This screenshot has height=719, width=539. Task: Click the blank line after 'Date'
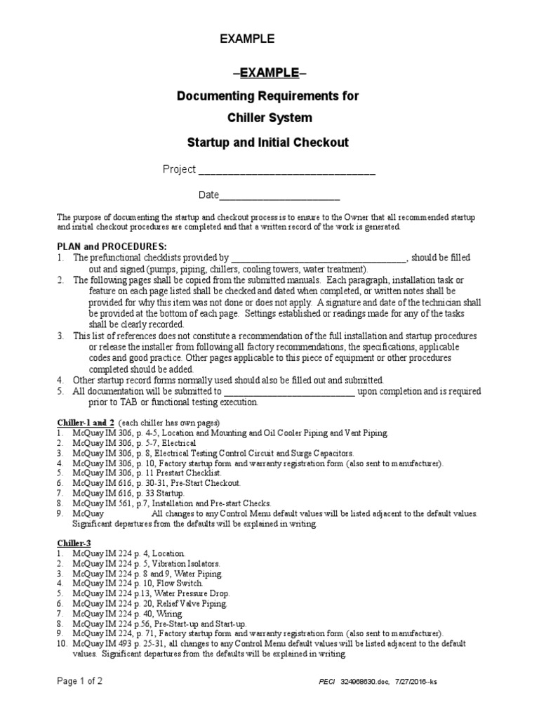(x=280, y=196)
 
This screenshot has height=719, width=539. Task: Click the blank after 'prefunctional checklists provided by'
(x=319, y=258)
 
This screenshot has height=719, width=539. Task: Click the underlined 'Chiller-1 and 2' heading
(x=85, y=423)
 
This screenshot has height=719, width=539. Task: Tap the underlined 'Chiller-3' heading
(x=74, y=543)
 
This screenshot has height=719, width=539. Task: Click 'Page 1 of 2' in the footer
(x=84, y=681)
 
